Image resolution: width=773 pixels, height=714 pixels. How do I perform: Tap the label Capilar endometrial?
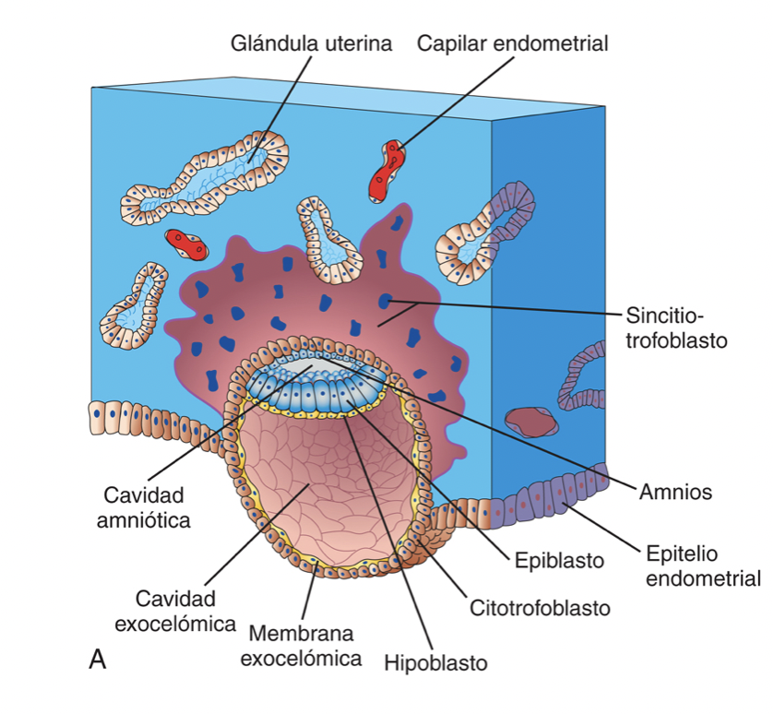tap(512, 43)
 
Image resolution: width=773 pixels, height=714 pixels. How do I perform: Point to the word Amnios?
tap(675, 491)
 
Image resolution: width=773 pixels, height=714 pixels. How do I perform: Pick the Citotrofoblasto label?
tap(540, 608)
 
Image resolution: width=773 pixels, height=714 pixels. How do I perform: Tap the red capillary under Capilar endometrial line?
tap(386, 172)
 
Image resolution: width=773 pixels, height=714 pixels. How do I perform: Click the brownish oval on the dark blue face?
tap(530, 422)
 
